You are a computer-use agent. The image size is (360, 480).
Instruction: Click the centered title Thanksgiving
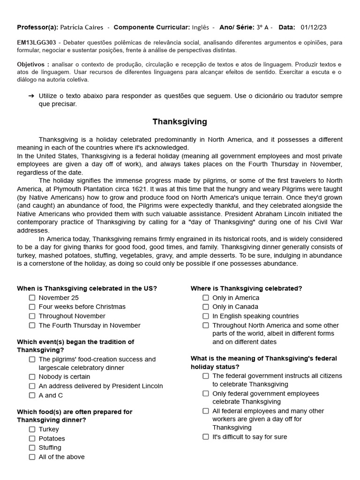[180, 122]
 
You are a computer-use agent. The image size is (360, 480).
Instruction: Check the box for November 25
[32, 298]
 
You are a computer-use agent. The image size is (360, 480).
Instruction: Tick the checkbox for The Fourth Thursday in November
[32, 325]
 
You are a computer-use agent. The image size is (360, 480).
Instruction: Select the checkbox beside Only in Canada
[206, 307]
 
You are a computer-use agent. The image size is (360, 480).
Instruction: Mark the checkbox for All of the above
[32, 457]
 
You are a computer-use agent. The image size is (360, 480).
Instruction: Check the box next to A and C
[32, 395]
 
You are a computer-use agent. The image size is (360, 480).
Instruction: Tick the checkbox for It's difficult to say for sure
[206, 437]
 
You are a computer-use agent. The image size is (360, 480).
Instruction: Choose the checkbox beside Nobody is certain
[32, 377]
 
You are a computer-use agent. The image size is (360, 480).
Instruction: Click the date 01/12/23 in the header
[314, 28]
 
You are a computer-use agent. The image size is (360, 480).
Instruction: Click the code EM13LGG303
[36, 43]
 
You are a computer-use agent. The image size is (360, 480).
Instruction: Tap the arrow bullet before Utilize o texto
[31, 96]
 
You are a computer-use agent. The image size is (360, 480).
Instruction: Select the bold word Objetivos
[33, 64]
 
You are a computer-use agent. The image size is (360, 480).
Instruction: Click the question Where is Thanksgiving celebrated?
[246, 289]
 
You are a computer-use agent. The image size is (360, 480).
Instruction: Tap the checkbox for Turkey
[32, 429]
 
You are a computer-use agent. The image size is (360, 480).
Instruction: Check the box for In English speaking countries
[206, 316]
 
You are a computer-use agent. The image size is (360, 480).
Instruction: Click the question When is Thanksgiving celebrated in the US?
[87, 289]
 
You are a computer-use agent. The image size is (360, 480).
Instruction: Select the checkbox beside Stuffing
[32, 448]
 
